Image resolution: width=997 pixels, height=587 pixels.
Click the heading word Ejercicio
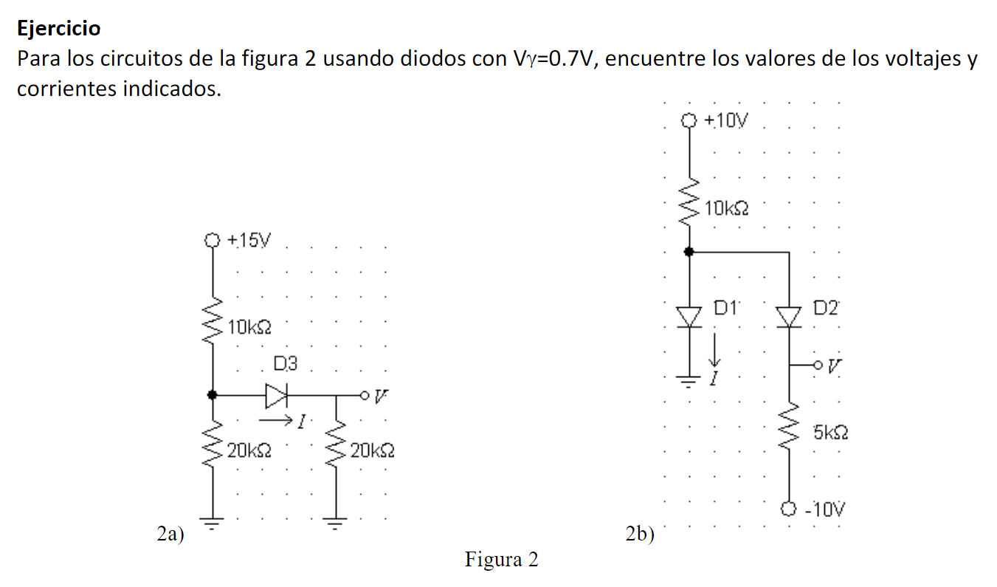59,29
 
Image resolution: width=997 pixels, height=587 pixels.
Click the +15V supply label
249,241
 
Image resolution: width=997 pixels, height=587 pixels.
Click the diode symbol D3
277,396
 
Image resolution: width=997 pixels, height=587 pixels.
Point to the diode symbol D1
689,317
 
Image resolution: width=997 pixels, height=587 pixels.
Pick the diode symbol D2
790,317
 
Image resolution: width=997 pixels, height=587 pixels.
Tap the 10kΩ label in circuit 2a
250,328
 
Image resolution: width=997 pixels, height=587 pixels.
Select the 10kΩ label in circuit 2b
726,209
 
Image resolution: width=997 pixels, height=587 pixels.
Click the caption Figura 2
501,560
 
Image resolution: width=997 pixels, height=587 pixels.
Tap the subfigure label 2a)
171,534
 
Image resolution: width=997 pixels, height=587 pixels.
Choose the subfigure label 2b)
640,534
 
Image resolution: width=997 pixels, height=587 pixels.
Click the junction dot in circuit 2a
213,395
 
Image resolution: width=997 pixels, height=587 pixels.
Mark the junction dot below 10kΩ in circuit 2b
689,252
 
